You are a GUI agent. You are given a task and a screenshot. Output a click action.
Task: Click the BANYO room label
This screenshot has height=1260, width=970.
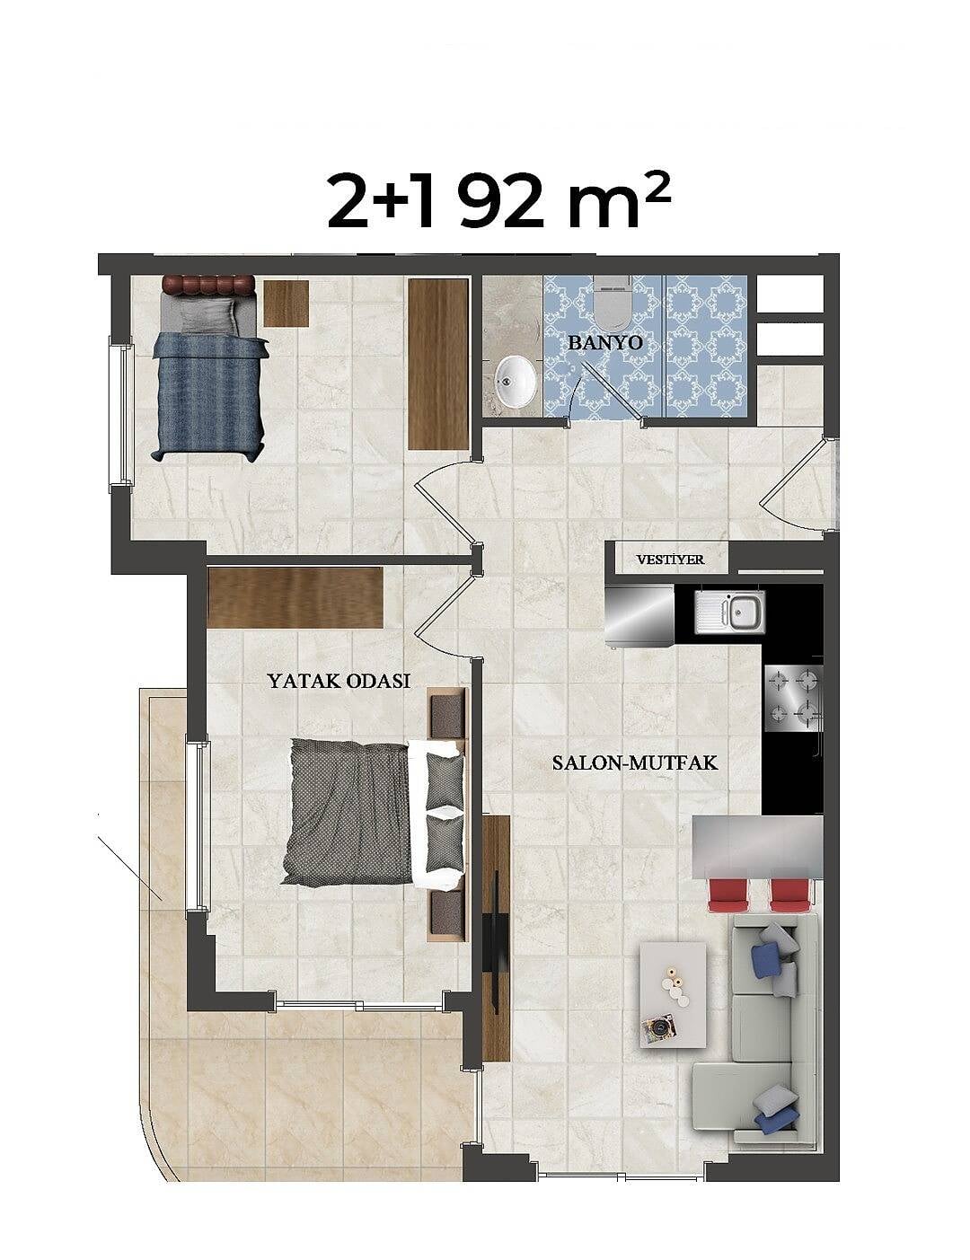tap(605, 342)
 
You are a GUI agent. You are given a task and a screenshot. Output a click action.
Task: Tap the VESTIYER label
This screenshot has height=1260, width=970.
tap(670, 560)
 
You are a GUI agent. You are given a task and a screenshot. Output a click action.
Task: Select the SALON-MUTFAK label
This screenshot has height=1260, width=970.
tap(635, 762)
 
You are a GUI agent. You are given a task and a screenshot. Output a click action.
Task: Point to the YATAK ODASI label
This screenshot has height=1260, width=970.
tap(339, 680)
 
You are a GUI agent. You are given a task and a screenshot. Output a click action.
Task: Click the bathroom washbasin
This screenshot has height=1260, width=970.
tap(516, 381)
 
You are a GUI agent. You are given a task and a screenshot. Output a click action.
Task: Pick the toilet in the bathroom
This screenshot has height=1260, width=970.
tap(612, 304)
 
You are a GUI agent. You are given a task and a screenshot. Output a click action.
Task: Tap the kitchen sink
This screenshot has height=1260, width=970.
tap(730, 612)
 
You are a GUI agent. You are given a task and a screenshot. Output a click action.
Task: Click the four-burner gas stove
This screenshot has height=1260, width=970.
tap(794, 698)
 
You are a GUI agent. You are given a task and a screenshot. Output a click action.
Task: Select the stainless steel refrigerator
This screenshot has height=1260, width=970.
tap(639, 614)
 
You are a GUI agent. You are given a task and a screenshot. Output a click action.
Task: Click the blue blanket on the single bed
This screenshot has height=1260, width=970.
tap(209, 397)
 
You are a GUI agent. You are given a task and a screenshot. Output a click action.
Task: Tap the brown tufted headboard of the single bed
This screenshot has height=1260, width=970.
tap(208, 285)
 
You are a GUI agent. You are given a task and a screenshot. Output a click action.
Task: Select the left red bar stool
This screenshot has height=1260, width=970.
tap(727, 896)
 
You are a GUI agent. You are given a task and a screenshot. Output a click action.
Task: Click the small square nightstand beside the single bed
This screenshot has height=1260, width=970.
tap(286, 304)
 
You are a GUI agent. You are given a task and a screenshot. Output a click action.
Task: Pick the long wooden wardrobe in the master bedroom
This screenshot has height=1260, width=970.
tap(295, 597)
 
